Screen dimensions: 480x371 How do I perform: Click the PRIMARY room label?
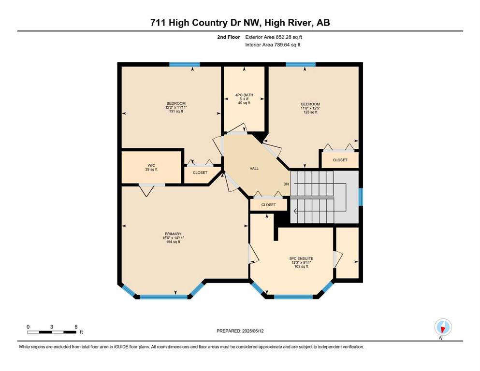point(173,234)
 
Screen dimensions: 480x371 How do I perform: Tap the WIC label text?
point(151,166)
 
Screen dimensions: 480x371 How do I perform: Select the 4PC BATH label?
point(244,95)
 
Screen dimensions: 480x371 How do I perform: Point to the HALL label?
point(254,169)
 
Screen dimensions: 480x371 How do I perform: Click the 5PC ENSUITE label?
point(301,258)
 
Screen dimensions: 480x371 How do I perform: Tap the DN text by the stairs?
point(286,184)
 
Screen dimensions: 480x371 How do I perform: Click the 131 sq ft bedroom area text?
point(176,111)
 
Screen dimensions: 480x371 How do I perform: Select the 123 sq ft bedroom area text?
point(310,112)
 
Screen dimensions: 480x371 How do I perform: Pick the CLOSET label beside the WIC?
point(200,173)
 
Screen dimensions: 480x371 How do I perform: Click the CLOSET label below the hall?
point(268,205)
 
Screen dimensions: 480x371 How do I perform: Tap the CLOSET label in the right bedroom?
point(340,160)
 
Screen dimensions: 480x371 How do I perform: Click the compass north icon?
point(443,328)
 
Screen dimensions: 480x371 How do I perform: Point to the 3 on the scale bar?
point(52,327)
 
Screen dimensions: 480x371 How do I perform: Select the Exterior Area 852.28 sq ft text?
point(274,37)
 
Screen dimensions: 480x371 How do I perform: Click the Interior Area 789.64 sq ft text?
point(273,44)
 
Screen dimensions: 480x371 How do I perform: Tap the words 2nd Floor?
point(229,37)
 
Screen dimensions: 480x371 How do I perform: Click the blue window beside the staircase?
point(361,197)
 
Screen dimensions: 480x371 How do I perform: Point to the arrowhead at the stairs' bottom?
point(295,211)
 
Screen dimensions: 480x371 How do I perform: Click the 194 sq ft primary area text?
point(173,242)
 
